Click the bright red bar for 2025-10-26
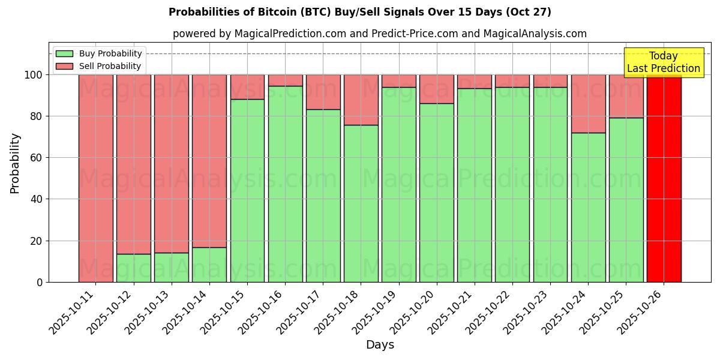click(664, 178)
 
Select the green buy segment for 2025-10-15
click(247, 191)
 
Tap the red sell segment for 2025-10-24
click(588, 103)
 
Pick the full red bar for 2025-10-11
click(95, 178)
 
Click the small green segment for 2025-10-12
click(133, 268)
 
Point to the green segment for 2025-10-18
click(361, 203)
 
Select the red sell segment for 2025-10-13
click(171, 163)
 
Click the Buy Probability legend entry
click(99, 53)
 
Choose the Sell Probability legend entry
click(99, 66)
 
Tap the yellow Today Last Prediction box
click(663, 62)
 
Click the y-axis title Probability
click(15, 163)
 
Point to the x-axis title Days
click(380, 345)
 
